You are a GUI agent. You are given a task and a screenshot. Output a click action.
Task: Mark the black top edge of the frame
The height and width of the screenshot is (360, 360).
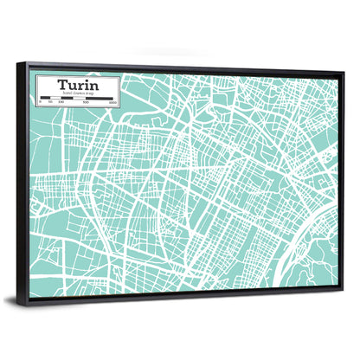point(182,67)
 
